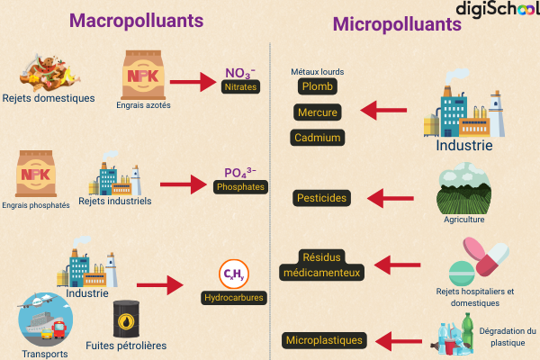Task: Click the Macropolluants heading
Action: (136, 20)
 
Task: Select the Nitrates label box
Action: (240, 87)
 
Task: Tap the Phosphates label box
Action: (240, 187)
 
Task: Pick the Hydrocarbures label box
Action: (234, 297)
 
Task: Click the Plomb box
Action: (317, 86)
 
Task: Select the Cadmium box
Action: (317, 138)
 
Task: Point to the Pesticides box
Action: (321, 197)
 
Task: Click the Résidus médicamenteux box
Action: (321, 264)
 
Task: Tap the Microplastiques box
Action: (324, 340)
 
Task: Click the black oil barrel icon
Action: (126, 319)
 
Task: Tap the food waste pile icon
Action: (47, 69)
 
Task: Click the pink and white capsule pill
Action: (487, 256)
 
